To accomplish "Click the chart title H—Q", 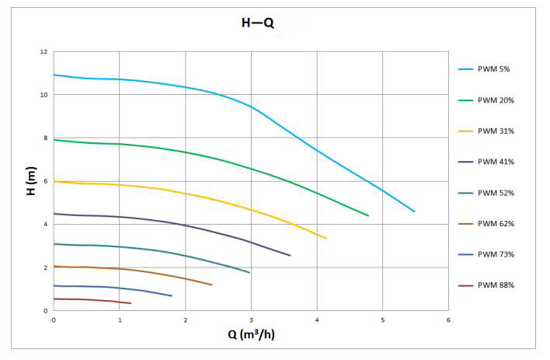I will pos(257,23).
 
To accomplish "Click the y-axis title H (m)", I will pos(32,181).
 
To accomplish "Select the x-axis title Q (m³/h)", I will pos(250,335).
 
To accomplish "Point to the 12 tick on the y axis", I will pos(44,52).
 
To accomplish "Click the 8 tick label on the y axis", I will pos(46,138).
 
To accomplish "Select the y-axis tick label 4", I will pos(46,225).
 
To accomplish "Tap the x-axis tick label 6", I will pos(448,320).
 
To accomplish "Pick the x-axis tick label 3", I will pos(251,320).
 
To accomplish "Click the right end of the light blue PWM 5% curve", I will pos(414,211).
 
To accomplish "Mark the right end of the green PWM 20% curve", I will pos(368,215).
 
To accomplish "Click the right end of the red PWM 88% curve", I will pos(131,303).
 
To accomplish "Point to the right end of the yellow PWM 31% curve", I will pos(325,238).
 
